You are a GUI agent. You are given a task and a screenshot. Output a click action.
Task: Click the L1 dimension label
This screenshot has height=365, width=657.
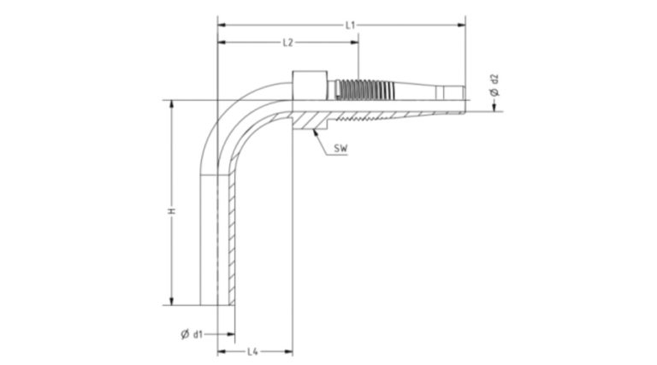click(351, 25)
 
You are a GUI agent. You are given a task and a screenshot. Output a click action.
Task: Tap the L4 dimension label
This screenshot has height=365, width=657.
click(253, 351)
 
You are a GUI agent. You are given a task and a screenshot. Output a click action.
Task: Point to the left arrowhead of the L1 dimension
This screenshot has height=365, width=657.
click(222, 25)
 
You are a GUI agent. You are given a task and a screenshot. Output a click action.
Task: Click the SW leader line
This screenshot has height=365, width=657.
click(326, 138)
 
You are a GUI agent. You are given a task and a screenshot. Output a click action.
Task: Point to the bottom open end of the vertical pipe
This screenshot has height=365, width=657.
click(217, 302)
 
